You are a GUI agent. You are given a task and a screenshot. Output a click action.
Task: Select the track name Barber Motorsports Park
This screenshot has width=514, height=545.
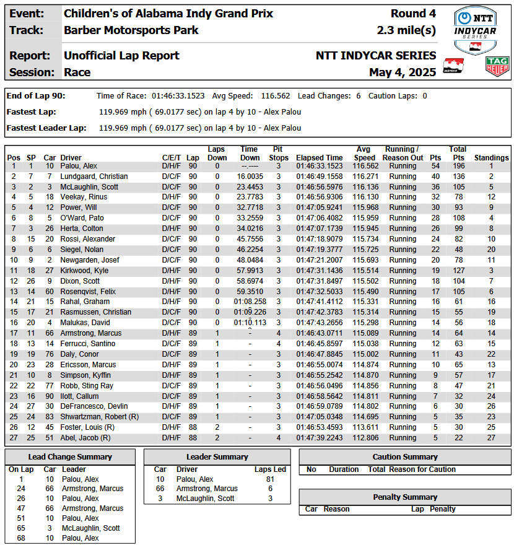131,30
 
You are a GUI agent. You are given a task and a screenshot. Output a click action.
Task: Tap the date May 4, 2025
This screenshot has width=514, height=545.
403,72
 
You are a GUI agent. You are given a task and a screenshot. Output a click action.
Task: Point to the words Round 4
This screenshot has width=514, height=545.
413,14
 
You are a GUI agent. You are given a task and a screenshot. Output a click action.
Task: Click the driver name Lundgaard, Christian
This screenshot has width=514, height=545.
94,177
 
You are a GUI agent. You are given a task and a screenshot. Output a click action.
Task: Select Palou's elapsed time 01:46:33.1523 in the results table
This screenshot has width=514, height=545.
319,166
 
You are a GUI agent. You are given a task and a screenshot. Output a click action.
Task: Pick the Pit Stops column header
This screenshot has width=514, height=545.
278,153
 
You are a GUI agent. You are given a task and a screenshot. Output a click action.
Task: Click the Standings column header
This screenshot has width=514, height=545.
491,157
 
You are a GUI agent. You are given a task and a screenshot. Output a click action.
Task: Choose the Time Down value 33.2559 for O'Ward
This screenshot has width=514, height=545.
250,218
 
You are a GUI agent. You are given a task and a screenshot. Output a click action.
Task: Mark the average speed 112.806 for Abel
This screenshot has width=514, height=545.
365,438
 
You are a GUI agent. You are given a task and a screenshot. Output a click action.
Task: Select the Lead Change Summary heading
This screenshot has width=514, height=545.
70,457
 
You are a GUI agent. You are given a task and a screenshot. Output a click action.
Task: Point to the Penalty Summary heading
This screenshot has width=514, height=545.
405,497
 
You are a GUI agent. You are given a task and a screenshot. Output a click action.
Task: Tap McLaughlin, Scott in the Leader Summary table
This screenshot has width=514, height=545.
205,499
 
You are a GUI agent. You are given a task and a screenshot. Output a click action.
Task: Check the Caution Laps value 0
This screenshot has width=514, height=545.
424,96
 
